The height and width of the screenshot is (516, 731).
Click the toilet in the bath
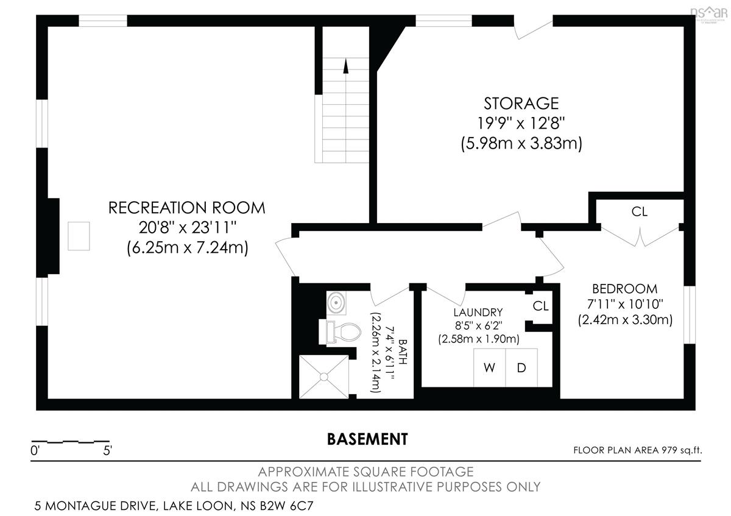pos(340,332)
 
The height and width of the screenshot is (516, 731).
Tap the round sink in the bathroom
pos(336,303)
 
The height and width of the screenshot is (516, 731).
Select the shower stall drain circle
pos(323,377)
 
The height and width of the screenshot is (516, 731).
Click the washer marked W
pos(490,368)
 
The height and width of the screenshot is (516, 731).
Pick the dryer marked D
pos(521,368)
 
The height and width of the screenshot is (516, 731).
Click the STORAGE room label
pos(521,104)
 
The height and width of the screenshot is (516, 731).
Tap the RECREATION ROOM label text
pos(186,208)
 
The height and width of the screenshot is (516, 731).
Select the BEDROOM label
pos(624,289)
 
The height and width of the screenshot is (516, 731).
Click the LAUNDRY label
pos(478,313)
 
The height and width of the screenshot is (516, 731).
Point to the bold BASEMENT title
pos(367,439)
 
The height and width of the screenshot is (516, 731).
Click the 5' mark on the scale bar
pos(107,451)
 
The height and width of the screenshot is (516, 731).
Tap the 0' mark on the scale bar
pos(35,451)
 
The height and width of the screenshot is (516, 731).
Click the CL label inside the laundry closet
pos(541,306)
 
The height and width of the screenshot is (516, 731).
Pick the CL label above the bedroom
pos(639,212)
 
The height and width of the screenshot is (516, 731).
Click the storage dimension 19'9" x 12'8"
pos(521,124)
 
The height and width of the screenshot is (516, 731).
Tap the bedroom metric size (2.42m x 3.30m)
pos(625,319)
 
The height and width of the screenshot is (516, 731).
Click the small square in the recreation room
pos(79,236)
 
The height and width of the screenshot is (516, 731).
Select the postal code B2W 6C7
pos(286,506)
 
